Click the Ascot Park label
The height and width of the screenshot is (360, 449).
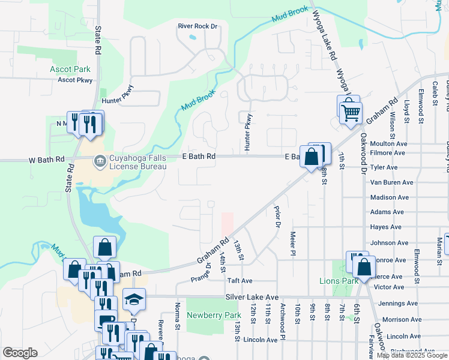point(70,69)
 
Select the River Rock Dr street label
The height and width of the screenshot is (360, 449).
point(197,26)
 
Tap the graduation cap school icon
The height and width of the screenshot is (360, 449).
point(134,299)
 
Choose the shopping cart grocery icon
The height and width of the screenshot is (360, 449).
point(349,111)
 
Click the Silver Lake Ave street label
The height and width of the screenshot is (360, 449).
point(252,297)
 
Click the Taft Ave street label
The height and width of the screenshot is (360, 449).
point(240,280)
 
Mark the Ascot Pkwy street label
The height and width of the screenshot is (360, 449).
point(76,80)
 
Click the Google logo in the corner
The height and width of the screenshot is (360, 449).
point(20,353)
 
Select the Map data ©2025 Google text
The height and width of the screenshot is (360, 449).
point(412,355)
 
